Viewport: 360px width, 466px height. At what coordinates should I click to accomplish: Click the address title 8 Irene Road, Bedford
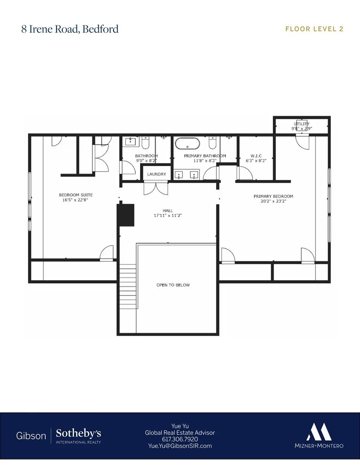tap(70, 29)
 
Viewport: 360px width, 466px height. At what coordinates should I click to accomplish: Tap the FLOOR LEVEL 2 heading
tap(314, 29)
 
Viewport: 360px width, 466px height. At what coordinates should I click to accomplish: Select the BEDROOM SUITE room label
tap(76, 195)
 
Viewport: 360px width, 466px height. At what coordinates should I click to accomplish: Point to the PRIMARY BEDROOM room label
tap(273, 196)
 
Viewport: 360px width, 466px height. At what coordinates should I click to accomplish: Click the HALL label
tap(168, 211)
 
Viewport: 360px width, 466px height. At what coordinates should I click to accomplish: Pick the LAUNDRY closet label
tap(157, 174)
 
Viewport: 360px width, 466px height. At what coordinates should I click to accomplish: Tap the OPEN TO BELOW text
tap(173, 285)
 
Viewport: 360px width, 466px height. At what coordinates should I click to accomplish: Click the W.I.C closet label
tap(256, 156)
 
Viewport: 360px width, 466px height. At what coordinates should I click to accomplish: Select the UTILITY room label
tap(301, 124)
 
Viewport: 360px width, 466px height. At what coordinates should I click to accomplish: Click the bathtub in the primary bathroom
tap(188, 144)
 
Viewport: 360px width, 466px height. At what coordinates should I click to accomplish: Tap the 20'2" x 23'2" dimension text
tap(273, 201)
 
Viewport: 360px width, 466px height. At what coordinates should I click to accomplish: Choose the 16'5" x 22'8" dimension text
tap(75, 200)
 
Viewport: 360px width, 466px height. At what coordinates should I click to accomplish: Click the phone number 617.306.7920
tap(180, 439)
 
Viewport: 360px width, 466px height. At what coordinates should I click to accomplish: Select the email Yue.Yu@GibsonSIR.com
tap(180, 446)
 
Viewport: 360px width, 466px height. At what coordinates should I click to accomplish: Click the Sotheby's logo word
tap(78, 433)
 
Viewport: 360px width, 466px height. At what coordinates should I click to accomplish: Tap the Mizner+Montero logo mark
tap(319, 432)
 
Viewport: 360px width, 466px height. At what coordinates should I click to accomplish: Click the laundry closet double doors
tap(156, 189)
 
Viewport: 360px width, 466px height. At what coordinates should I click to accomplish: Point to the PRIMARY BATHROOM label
tap(205, 156)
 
